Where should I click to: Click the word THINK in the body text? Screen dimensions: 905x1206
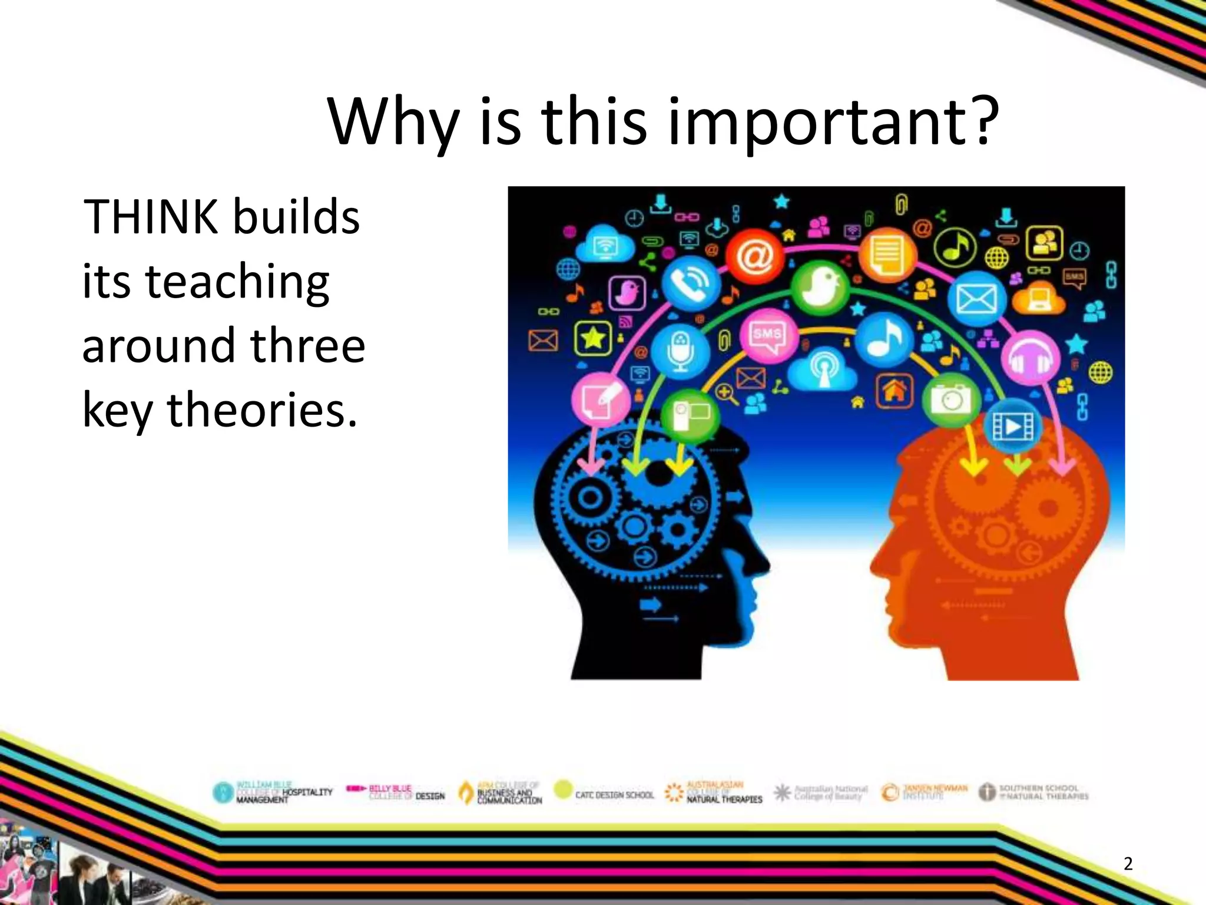tap(150, 217)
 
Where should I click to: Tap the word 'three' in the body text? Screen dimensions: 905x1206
tap(307, 346)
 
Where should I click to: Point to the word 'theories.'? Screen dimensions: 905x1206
tap(263, 410)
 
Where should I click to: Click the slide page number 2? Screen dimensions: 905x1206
tap(1128, 864)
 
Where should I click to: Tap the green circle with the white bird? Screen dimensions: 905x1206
tap(820, 287)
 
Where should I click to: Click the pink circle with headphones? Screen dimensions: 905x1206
tap(1030, 358)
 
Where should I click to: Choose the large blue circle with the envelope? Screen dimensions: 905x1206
tap(976, 299)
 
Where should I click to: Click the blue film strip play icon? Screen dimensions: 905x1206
tap(1013, 427)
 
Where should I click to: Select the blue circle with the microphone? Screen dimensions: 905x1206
tap(680, 351)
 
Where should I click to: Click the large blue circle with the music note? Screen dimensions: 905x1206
tap(883, 339)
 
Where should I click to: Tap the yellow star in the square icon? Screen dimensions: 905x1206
tap(593, 339)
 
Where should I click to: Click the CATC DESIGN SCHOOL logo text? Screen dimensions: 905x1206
tap(614, 795)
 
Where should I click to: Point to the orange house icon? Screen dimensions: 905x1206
tap(894, 391)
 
